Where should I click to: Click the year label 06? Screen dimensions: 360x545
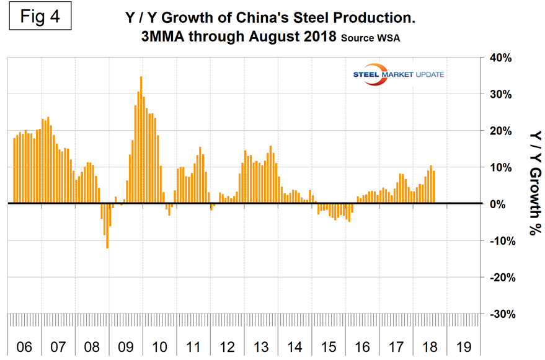tap(24, 346)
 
